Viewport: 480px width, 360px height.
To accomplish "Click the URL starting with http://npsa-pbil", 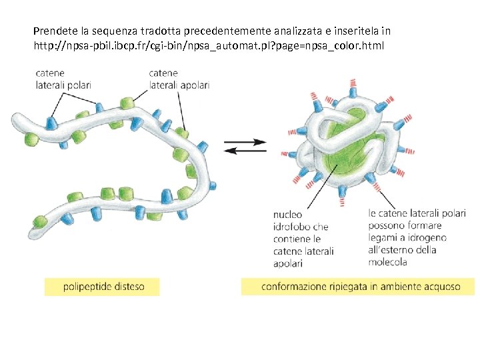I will pos(209,46).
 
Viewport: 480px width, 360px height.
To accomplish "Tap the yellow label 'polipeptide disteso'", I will pos(103,287).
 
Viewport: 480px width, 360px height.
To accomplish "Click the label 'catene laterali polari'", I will pos(63,79).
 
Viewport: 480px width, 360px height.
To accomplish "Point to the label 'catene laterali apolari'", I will pos(179,79).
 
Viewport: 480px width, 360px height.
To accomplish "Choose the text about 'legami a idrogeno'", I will pos(417,237).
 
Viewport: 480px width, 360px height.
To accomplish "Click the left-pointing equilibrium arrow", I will pos(245,151).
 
